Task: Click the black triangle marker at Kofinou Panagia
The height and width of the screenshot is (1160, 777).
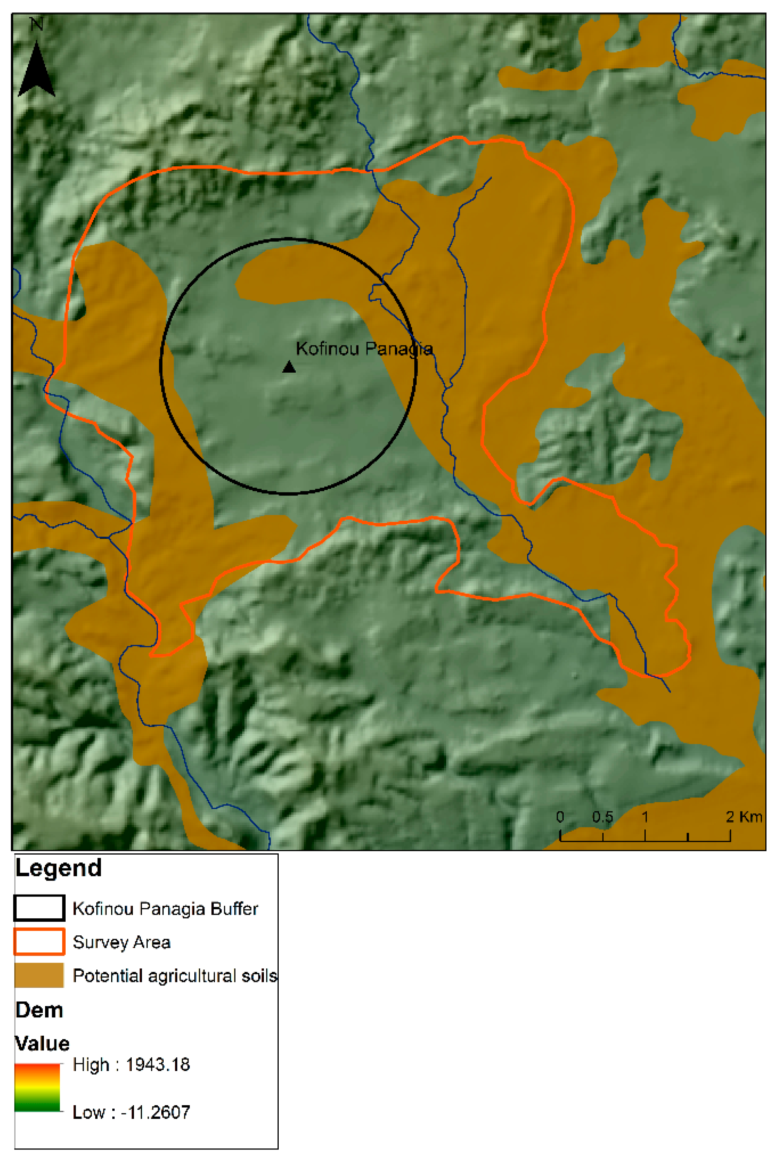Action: [289, 367]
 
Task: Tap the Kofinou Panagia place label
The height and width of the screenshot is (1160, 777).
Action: [364, 349]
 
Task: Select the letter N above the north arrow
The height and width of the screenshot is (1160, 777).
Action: [37, 24]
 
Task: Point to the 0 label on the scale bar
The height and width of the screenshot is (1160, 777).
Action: [560, 817]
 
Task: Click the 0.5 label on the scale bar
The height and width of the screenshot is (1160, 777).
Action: [602, 817]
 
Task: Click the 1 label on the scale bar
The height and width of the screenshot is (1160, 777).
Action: [645, 817]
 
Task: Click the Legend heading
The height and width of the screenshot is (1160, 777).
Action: [58, 868]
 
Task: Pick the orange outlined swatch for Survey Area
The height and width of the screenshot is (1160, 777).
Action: [39, 942]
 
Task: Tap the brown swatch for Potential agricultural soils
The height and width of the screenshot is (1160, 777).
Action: [39, 975]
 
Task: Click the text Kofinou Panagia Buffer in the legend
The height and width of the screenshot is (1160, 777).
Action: [165, 909]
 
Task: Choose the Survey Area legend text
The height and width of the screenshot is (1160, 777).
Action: [121, 942]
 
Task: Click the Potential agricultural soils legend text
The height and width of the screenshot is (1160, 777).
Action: [175, 976]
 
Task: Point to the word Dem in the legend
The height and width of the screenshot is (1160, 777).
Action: [39, 1010]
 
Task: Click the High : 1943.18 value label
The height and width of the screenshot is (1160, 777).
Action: [131, 1065]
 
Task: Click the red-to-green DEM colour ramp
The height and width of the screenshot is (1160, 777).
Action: [37, 1088]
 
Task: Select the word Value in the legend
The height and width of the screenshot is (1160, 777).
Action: [42, 1043]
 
